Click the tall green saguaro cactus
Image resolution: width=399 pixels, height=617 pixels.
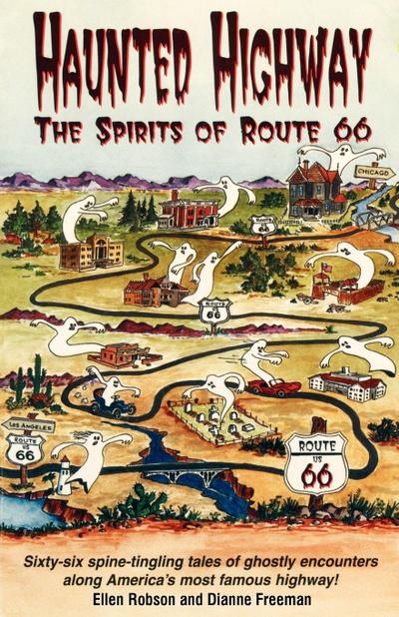(39, 377)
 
